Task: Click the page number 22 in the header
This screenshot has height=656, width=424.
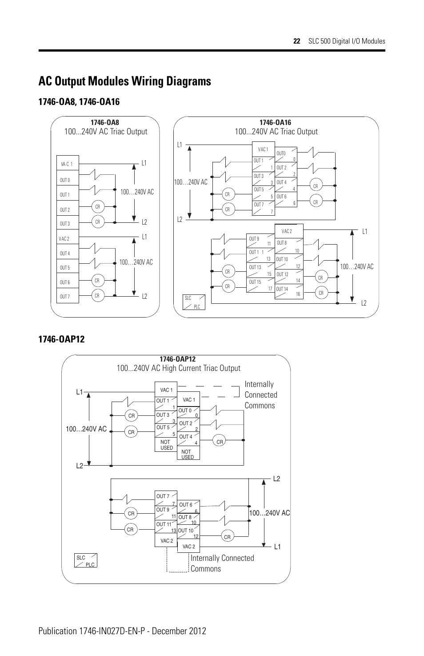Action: click(297, 41)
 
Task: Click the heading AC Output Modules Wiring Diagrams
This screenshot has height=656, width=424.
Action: click(124, 81)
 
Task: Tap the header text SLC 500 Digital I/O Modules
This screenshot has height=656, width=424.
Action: click(347, 41)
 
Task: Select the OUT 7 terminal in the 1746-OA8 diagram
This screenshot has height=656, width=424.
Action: click(68, 297)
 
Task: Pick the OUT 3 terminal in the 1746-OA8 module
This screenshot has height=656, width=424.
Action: click(68, 224)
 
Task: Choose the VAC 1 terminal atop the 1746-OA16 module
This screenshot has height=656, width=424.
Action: click(264, 149)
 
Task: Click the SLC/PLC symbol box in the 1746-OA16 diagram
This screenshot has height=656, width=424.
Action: click(195, 302)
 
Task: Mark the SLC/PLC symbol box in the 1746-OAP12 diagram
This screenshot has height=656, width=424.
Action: click(86, 561)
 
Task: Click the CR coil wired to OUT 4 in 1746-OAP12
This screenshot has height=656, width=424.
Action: click(220, 441)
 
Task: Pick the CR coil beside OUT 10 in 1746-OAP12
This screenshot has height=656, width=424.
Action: click(228, 537)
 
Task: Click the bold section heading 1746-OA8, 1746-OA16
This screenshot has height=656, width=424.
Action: click(79, 102)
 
